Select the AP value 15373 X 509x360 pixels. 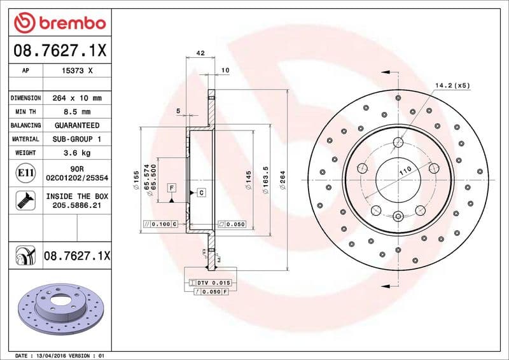click(x=77, y=71)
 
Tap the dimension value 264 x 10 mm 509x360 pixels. click(x=77, y=99)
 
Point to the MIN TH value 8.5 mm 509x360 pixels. click(x=77, y=112)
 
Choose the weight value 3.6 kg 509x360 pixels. click(x=77, y=153)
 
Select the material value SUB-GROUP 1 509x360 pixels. click(x=77, y=139)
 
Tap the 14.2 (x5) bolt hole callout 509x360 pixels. click(x=452, y=85)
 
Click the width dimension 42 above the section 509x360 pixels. click(x=200, y=53)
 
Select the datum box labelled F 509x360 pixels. click(x=172, y=188)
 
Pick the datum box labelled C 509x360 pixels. click(x=201, y=191)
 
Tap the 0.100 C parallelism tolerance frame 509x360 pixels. click(x=160, y=225)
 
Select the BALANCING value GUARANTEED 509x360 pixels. click(x=77, y=125)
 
